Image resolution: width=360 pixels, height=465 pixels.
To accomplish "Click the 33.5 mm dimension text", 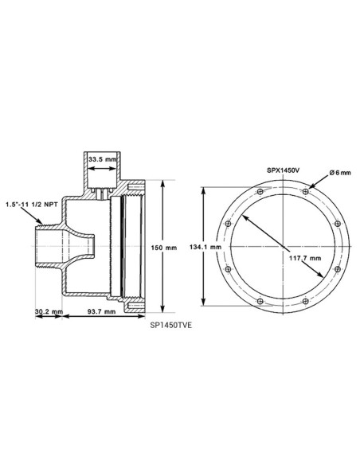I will (x=101, y=160).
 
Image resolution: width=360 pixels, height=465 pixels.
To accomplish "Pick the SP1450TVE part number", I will (x=173, y=325).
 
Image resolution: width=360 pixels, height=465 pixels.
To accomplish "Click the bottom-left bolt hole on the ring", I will (x=259, y=301).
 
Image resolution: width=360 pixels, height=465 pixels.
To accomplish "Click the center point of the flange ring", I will (x=283, y=247).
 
